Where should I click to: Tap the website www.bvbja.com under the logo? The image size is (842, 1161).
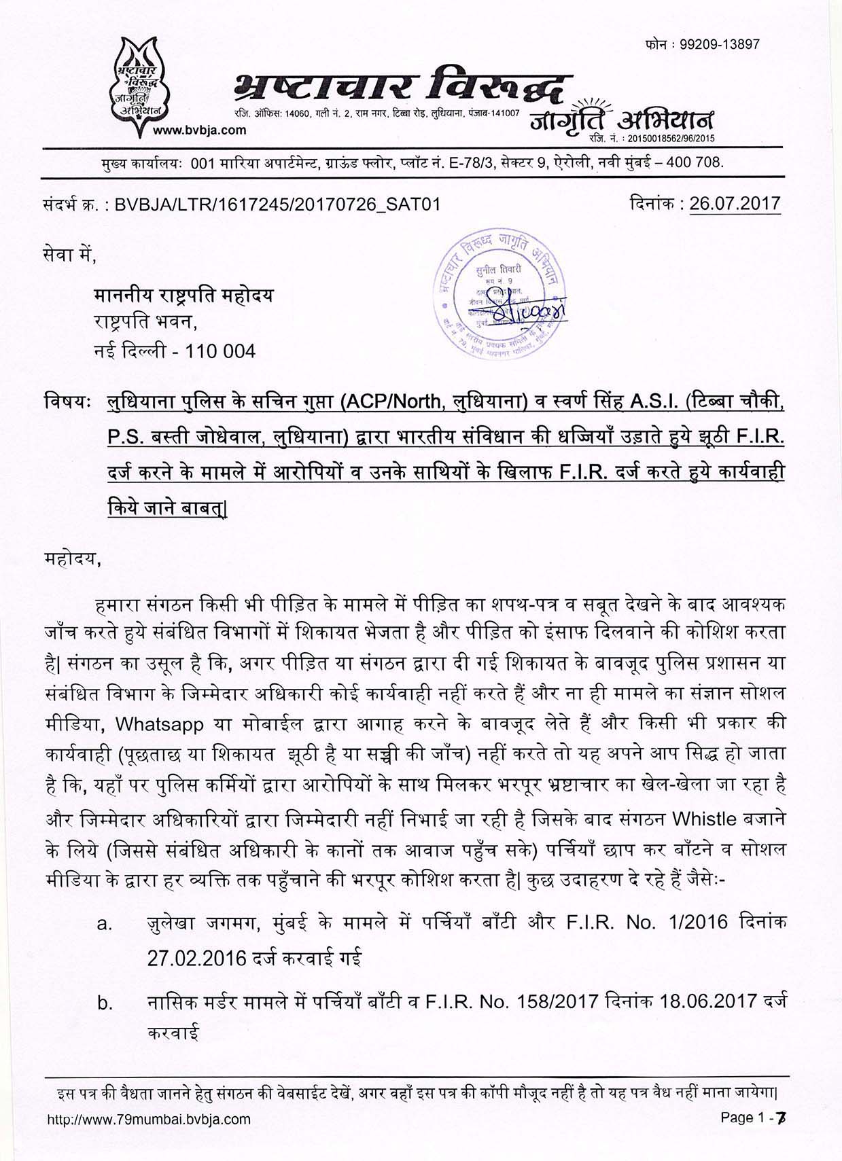tap(191, 130)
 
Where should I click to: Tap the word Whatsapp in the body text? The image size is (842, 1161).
tap(159, 724)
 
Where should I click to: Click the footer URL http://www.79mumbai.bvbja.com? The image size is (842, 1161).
tap(149, 1119)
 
